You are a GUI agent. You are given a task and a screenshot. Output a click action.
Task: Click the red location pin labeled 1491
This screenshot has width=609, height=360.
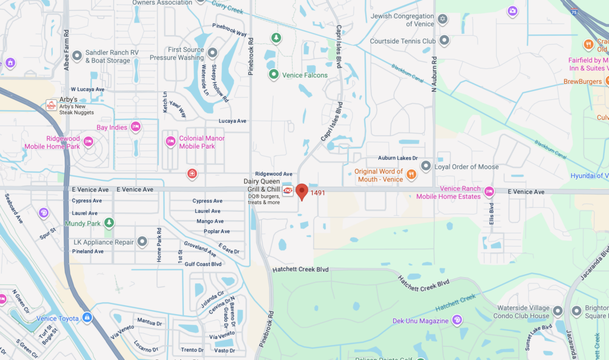click(x=302, y=191)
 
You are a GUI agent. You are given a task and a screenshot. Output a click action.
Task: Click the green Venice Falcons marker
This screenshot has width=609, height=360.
click(x=274, y=75)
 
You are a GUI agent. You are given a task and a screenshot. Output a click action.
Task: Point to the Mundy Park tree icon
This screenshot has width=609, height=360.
click(x=108, y=223)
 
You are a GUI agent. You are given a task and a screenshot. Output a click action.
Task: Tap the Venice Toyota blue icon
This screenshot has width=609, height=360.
click(x=87, y=318)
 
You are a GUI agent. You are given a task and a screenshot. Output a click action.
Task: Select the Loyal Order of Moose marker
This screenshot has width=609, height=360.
click(x=425, y=167)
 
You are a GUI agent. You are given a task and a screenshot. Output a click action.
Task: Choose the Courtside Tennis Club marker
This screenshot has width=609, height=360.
click(x=444, y=41)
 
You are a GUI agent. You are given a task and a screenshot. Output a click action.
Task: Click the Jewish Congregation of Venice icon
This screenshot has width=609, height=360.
click(x=442, y=20)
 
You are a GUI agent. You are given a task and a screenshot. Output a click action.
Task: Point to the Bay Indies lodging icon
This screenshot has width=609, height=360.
click(x=136, y=127)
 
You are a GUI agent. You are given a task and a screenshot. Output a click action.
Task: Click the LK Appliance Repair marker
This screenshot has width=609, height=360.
click(x=142, y=242)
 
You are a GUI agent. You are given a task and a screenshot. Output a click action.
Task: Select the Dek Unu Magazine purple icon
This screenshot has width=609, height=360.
click(x=456, y=320)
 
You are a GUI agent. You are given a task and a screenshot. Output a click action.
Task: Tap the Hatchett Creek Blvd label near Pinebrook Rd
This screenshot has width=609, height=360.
click(x=300, y=270)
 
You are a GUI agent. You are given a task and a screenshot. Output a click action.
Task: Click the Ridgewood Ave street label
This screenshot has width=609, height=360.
click(x=274, y=174)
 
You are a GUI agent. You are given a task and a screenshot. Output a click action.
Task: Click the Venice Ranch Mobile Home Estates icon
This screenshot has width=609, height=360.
click(x=489, y=192)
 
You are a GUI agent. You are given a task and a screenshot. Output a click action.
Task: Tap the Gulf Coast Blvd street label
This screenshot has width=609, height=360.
click(x=203, y=264)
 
